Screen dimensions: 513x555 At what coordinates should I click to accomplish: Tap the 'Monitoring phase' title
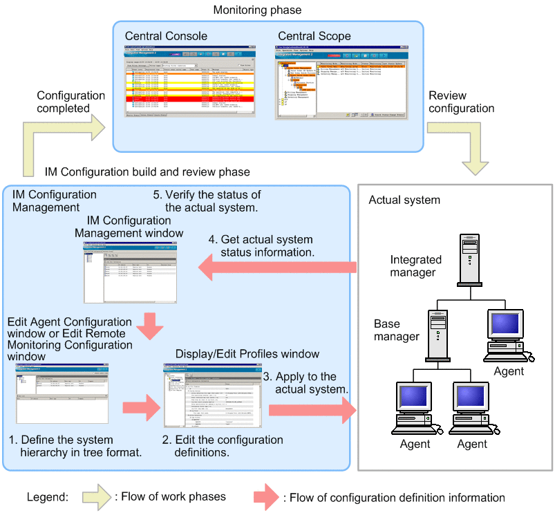click(x=257, y=10)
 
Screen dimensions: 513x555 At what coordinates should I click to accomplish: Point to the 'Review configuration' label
click(x=461, y=102)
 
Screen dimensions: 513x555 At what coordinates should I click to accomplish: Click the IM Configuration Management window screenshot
click(x=129, y=271)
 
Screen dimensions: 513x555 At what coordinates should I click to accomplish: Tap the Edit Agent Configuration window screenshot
click(x=62, y=394)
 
